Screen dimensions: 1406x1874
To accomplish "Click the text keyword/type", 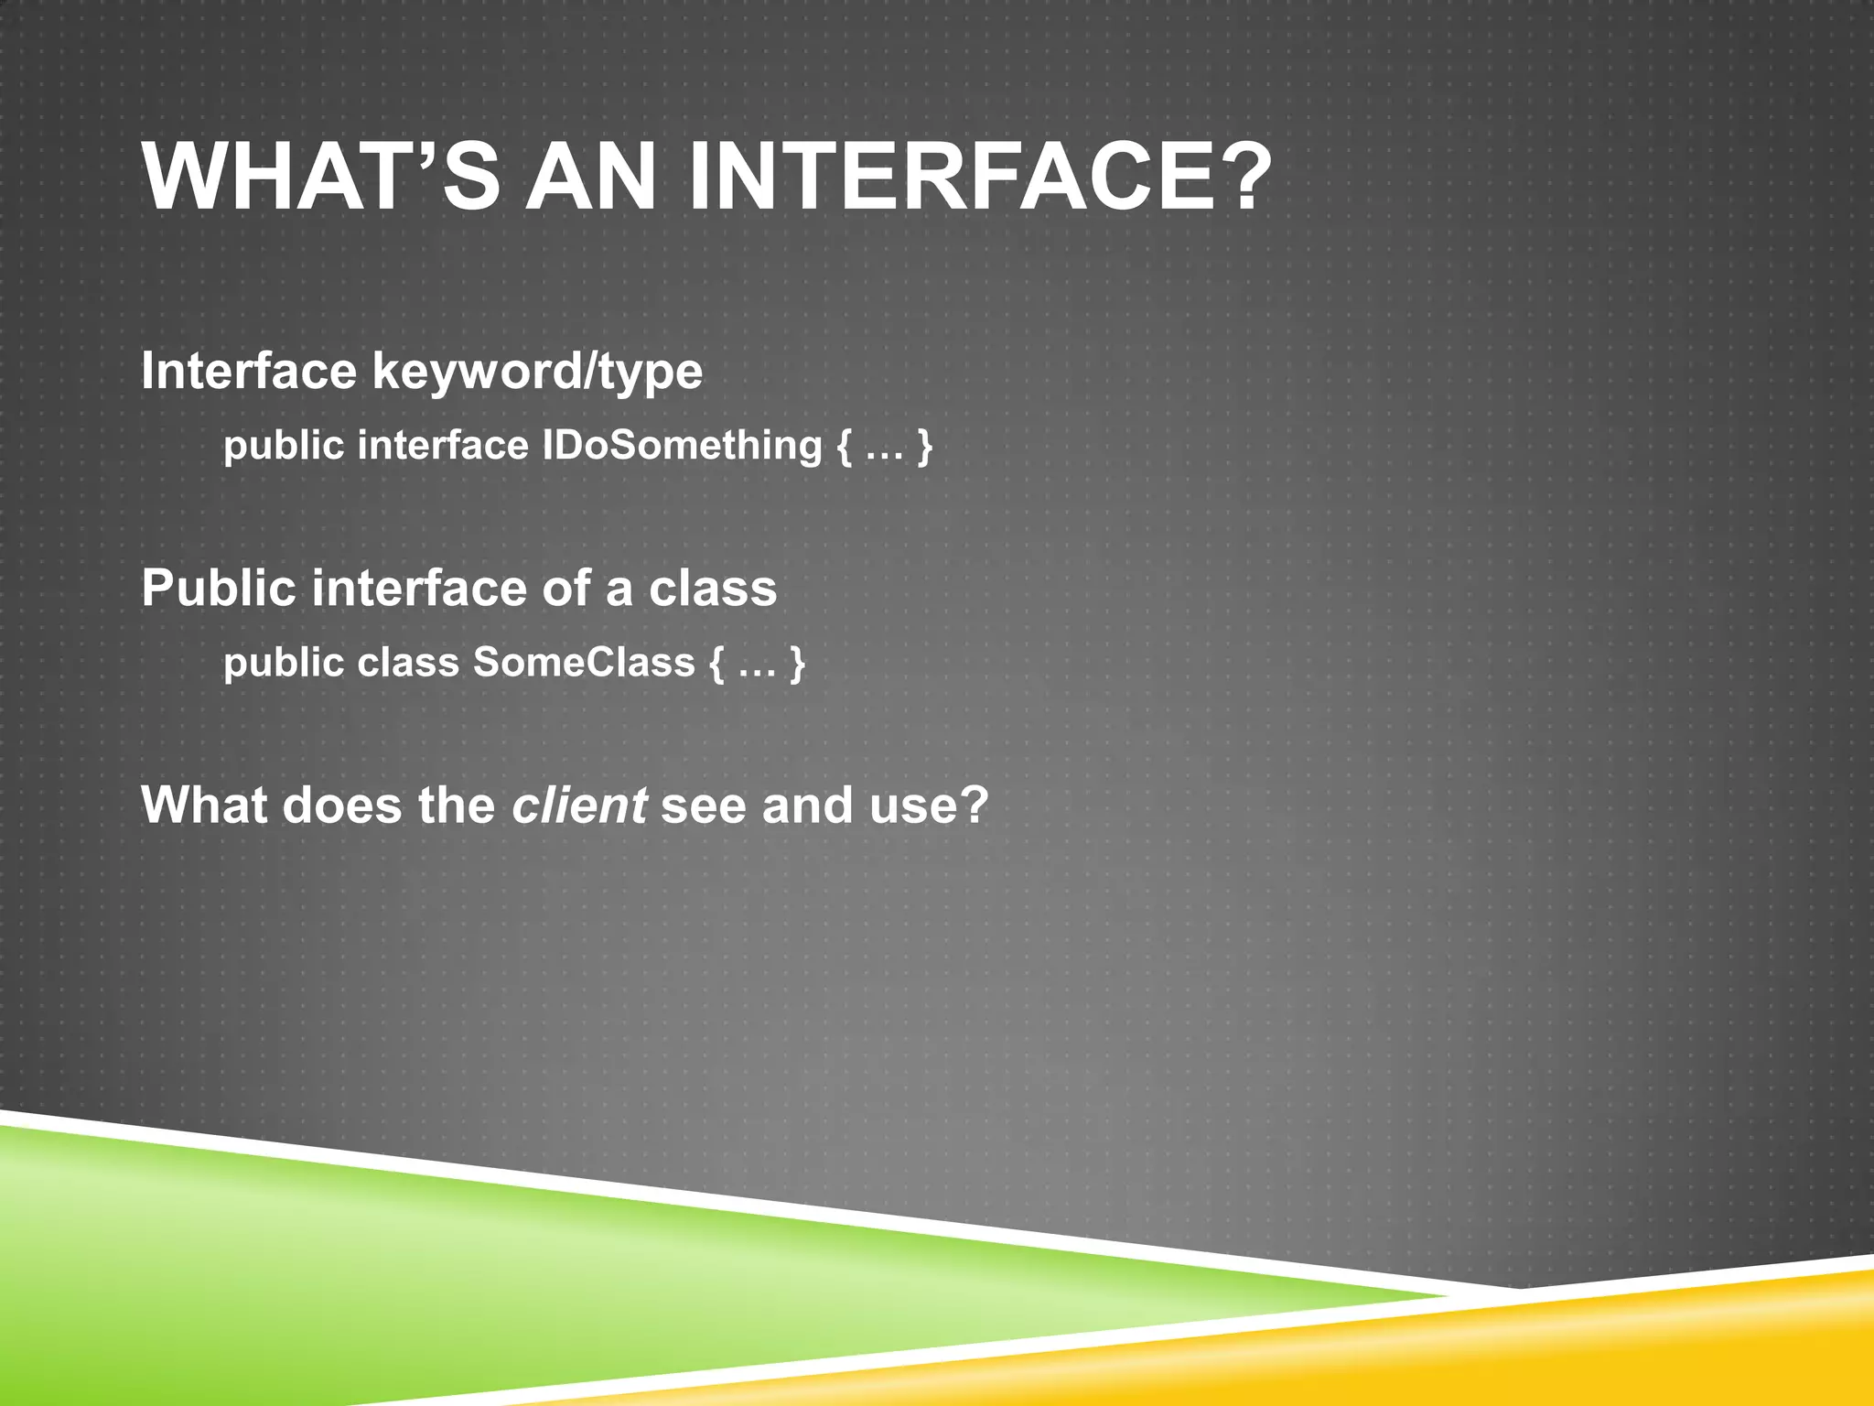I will click(x=537, y=373).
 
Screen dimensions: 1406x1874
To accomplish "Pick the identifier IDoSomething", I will click(x=682, y=446).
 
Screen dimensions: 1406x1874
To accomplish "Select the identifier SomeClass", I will click(x=584, y=663).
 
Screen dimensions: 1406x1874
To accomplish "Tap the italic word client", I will click(x=579, y=806).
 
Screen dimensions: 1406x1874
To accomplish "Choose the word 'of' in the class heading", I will click(x=566, y=589).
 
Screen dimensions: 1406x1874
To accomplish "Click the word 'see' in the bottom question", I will click(x=704, y=806).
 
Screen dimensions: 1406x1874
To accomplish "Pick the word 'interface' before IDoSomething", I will click(x=443, y=446).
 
